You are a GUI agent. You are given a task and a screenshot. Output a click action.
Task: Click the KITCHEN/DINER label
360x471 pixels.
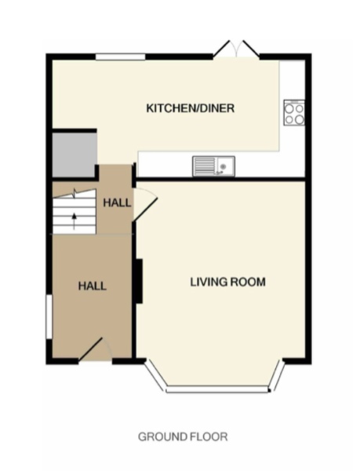click(x=191, y=108)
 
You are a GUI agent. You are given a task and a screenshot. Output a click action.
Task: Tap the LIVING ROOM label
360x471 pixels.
click(x=228, y=282)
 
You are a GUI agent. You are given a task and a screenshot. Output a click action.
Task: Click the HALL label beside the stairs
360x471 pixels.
click(x=117, y=203)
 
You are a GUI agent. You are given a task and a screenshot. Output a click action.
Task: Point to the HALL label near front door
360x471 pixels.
click(x=93, y=286)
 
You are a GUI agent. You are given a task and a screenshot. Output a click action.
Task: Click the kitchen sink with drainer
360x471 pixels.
click(x=213, y=166)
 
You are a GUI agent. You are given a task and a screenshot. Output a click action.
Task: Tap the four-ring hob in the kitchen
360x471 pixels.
click(x=294, y=112)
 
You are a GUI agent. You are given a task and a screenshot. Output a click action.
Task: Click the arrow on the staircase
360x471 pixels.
click(x=74, y=221)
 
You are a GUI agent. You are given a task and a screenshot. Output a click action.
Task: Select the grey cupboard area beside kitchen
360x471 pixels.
click(x=75, y=155)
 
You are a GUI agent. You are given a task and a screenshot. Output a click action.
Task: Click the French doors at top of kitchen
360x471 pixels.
click(x=236, y=49)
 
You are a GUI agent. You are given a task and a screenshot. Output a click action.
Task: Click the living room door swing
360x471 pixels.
click(x=144, y=205)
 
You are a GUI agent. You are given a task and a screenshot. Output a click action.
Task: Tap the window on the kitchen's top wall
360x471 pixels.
click(x=121, y=57)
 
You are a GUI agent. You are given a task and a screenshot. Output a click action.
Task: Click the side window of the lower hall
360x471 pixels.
click(x=49, y=317)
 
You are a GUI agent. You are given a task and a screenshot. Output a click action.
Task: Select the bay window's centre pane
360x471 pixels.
click(x=217, y=389)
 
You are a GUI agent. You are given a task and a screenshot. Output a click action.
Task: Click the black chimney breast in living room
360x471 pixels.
click(x=138, y=281)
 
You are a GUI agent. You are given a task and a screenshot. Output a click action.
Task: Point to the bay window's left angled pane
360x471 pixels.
click(x=155, y=375)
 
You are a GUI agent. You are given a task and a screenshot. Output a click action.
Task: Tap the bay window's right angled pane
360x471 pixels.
click(x=277, y=375)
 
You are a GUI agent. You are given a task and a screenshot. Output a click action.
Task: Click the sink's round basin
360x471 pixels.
click(x=223, y=166)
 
